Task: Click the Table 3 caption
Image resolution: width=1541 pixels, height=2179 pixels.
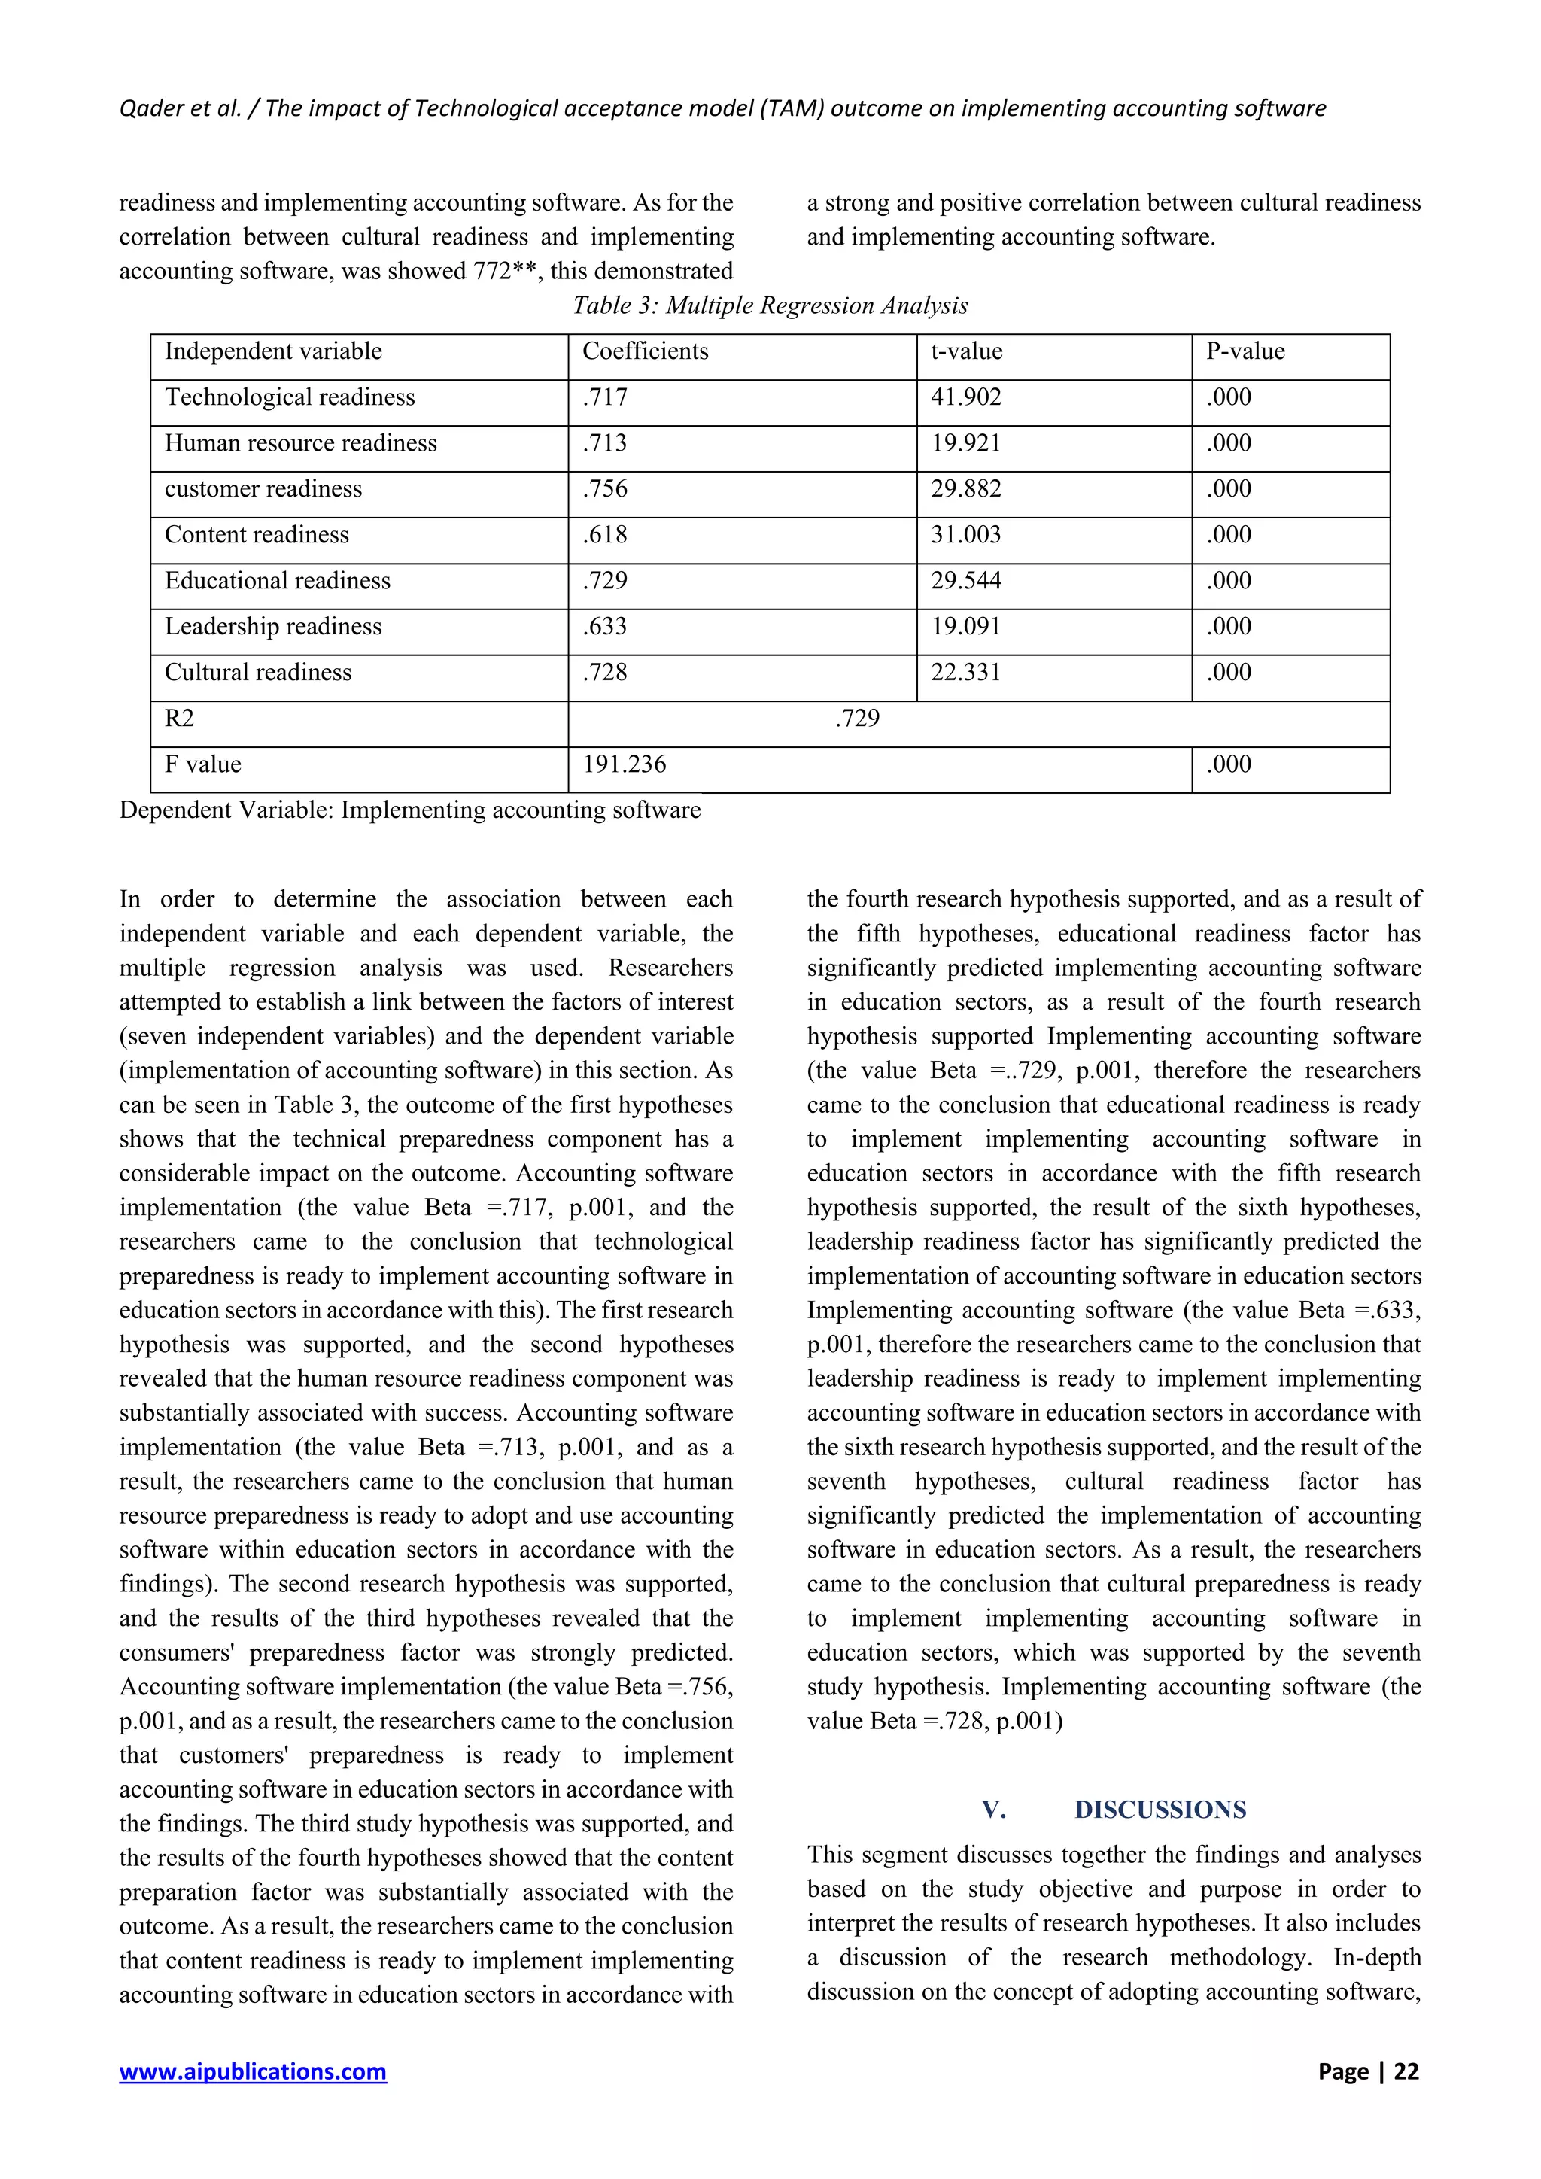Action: point(770,305)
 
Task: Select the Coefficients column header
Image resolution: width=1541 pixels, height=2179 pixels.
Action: point(646,351)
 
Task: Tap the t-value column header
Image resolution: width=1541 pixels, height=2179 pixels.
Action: point(966,351)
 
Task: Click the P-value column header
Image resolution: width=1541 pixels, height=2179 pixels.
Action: point(1245,351)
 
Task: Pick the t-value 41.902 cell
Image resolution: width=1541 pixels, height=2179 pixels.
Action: point(965,397)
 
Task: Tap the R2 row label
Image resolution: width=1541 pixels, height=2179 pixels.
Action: point(179,719)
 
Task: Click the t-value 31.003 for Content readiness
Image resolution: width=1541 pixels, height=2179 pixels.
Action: point(965,534)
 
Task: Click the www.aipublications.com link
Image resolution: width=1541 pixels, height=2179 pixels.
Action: point(252,2071)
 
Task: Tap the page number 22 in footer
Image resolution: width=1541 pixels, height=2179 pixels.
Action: point(1406,2071)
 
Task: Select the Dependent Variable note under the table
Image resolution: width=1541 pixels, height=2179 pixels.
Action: point(410,810)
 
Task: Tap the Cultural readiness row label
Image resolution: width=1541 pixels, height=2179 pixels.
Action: point(258,673)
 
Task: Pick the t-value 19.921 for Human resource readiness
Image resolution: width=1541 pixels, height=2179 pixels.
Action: point(965,443)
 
